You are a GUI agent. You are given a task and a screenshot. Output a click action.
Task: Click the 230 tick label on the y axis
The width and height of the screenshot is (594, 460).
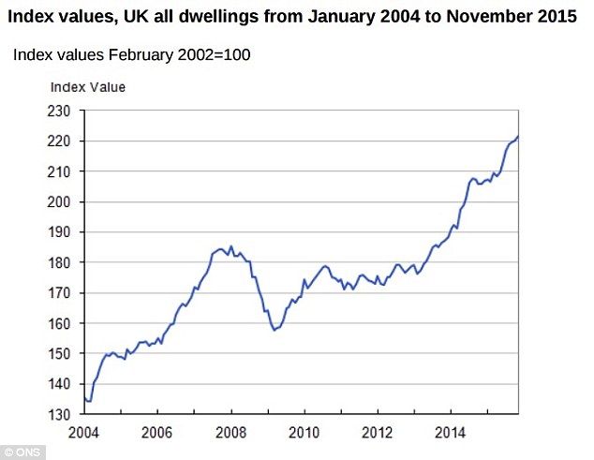tap(60, 111)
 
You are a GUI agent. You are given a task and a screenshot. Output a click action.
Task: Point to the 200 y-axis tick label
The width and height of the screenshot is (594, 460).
tap(60, 201)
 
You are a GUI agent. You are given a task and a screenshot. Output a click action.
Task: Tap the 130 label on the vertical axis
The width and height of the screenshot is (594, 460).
tap(60, 414)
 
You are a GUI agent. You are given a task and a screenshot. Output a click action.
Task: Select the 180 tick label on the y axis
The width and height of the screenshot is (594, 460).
tap(60, 262)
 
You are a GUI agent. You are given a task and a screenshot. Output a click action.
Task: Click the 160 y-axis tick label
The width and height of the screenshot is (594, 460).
tap(60, 323)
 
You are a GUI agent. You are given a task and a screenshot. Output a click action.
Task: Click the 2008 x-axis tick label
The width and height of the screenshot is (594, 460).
tap(231, 435)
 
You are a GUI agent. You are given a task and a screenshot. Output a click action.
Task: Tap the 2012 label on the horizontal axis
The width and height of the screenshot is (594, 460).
tap(378, 435)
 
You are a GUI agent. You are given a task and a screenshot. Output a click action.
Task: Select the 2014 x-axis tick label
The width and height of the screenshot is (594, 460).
tap(451, 435)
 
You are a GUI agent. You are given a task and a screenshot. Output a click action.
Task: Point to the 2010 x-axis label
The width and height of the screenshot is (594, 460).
tap(304, 435)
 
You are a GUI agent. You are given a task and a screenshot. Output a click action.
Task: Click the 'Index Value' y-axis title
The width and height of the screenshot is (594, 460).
tap(87, 87)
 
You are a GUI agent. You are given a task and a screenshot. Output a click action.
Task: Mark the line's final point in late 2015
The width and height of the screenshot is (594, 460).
tap(518, 137)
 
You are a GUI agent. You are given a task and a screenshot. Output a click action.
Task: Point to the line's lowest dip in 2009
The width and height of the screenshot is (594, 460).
tap(274, 330)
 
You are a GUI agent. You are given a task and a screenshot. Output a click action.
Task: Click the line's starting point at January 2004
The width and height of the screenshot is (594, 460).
tap(85, 398)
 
